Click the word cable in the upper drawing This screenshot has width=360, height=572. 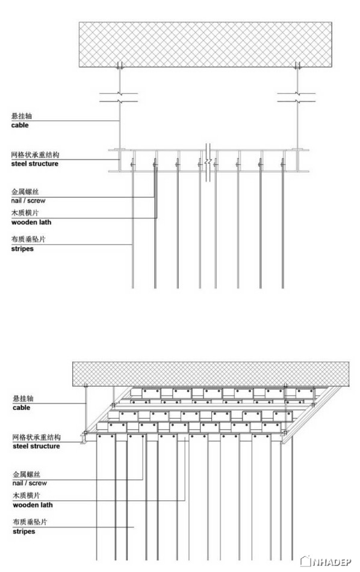(x=20, y=125)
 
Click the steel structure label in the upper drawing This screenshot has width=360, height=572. (x=35, y=164)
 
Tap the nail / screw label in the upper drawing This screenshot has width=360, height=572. (x=28, y=201)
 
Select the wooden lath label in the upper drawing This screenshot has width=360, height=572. (x=31, y=222)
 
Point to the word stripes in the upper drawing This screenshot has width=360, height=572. (x=22, y=249)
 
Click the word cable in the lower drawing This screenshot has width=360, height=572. (x=21, y=408)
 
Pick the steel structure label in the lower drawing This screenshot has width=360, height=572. (x=36, y=446)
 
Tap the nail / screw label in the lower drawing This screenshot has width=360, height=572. (x=29, y=483)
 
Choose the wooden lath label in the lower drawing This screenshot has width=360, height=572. (x=33, y=505)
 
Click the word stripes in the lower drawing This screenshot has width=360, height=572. (x=23, y=532)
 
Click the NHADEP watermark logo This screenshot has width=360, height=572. (x=325, y=561)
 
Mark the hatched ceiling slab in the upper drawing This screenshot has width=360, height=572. (x=205, y=45)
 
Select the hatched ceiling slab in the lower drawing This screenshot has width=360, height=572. (x=211, y=375)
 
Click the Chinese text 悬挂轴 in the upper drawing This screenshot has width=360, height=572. (x=22, y=116)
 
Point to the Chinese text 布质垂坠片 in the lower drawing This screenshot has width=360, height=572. (x=30, y=522)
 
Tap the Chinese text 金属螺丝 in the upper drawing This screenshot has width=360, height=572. (x=25, y=191)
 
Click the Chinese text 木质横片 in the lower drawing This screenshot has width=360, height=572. (x=26, y=496)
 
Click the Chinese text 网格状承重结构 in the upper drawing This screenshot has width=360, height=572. (x=35, y=155)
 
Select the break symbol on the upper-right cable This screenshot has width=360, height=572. (x=297, y=97)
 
